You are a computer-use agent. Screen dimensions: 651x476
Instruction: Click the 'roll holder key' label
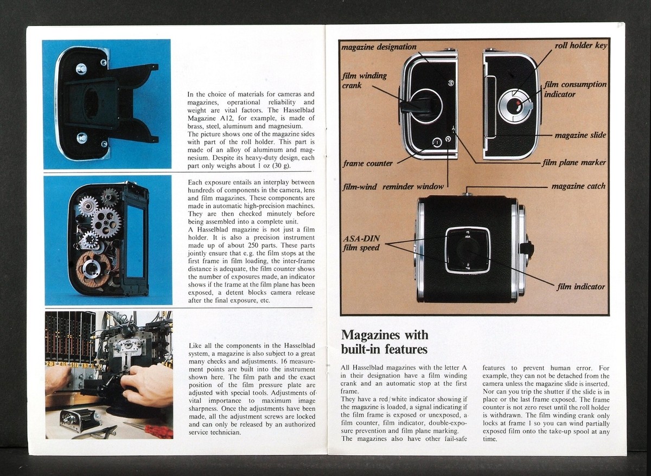[580, 46]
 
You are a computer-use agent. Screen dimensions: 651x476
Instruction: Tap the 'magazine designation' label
[379, 47]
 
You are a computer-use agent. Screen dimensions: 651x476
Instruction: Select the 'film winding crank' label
[364, 80]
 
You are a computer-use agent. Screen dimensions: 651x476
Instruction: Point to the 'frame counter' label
[367, 163]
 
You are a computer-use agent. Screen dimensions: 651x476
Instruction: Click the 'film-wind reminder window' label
[393, 186]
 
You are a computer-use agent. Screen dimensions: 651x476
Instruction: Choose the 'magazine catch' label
[578, 186]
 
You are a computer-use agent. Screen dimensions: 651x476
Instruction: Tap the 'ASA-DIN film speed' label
[361, 243]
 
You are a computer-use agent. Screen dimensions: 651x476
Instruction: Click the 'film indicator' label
[580, 286]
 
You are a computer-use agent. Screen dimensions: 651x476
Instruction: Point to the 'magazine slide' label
[580, 135]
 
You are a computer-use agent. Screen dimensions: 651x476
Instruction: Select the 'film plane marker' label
[575, 162]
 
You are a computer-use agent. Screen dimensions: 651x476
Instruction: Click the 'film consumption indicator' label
[575, 89]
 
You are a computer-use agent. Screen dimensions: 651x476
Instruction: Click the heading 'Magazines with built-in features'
[384, 342]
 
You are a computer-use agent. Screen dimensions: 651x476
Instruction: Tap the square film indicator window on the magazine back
[467, 249]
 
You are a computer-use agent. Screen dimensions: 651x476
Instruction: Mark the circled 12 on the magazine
[450, 83]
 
